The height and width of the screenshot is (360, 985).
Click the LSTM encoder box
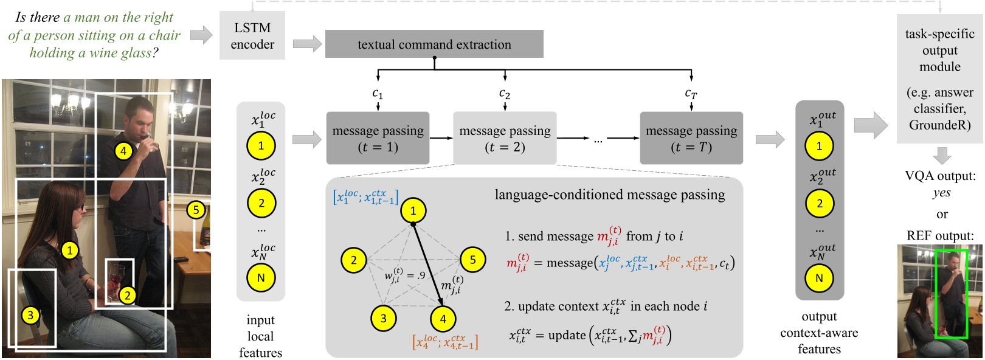click(x=252, y=36)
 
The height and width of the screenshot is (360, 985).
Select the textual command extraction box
click(x=434, y=44)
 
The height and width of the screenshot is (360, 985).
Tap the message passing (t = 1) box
click(x=378, y=138)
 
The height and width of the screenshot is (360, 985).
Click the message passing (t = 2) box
click(x=505, y=138)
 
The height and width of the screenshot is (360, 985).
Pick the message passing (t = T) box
click(x=691, y=138)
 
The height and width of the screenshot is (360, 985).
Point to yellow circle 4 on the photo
click(x=123, y=151)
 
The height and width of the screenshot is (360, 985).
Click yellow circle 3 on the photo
click(x=30, y=315)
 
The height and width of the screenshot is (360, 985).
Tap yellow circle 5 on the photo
click(x=196, y=210)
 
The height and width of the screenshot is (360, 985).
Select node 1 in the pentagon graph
click(x=413, y=211)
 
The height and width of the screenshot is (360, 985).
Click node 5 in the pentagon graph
click(x=472, y=260)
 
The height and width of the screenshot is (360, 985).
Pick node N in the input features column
click(x=261, y=278)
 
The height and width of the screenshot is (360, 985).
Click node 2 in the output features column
click(x=819, y=203)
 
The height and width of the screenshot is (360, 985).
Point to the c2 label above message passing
click(x=505, y=94)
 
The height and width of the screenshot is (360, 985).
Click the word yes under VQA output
click(x=941, y=193)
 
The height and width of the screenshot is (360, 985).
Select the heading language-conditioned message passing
click(x=609, y=195)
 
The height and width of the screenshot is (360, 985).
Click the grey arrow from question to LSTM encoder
click(x=201, y=35)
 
